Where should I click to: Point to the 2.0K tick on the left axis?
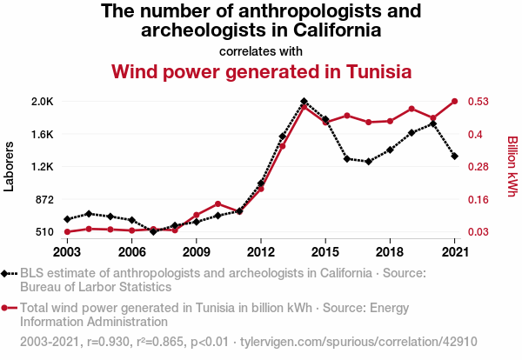coord(41,102)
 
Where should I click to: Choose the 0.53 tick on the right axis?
coord(484,102)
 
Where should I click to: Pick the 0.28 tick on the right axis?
coord(484,167)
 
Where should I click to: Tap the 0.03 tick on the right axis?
coord(484,232)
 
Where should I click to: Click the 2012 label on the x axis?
coord(260,251)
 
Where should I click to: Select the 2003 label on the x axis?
coord(67,251)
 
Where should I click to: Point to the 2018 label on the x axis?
coord(390,251)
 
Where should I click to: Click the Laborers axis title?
coord(10,166)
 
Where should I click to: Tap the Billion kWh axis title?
coord(512,166)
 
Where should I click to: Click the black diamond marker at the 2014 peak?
coord(304,102)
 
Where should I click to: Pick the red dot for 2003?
coord(67,232)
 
